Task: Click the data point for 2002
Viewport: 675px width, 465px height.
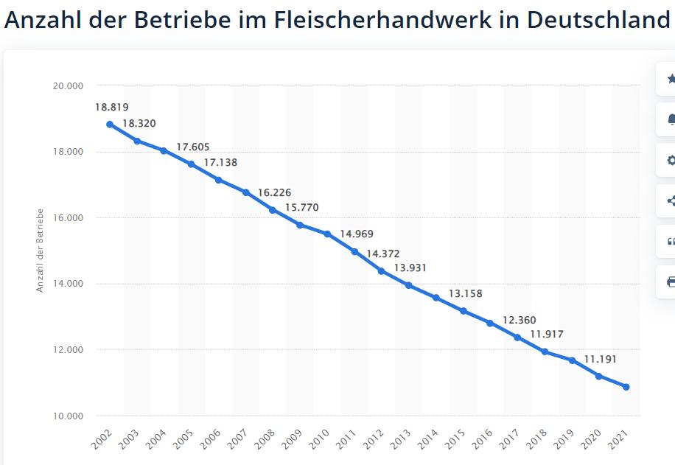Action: (x=110, y=125)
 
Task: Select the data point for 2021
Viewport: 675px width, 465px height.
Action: (x=626, y=387)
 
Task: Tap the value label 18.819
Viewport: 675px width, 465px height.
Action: (x=112, y=108)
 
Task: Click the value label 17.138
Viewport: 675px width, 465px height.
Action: (x=220, y=163)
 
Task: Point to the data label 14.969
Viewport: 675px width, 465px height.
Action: (x=357, y=234)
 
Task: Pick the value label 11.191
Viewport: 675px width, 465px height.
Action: (x=600, y=360)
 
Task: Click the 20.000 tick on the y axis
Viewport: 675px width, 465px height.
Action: (x=68, y=86)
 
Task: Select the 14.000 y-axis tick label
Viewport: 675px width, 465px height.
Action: (x=68, y=284)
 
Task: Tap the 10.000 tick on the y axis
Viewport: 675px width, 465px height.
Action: (x=68, y=416)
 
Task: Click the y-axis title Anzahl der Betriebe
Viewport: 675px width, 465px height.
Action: (x=41, y=251)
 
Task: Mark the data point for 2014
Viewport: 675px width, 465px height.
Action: (x=436, y=298)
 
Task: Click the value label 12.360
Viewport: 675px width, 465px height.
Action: (x=520, y=321)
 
